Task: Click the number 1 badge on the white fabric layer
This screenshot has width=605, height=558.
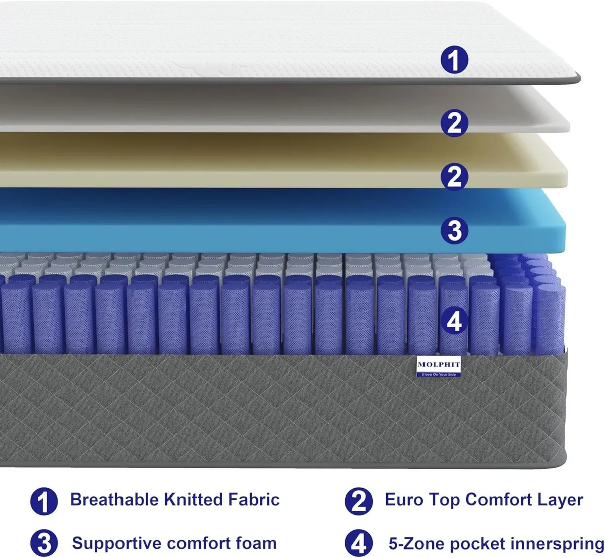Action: coord(454,59)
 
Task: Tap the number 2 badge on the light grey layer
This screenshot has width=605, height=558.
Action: coord(454,122)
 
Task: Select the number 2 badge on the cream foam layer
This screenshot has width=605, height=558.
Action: coord(454,176)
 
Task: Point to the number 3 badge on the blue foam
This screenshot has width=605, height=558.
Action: coord(454,230)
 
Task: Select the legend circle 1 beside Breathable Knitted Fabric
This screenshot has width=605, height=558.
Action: coord(44,501)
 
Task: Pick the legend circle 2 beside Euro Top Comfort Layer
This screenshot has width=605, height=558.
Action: coord(358,501)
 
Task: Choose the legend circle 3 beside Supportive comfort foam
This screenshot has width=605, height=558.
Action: coord(44,543)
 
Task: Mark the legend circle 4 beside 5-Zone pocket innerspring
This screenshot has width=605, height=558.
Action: coord(358,544)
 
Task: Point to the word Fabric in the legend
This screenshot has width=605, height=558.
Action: coord(254,500)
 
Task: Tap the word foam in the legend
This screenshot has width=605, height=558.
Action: coord(256,543)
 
